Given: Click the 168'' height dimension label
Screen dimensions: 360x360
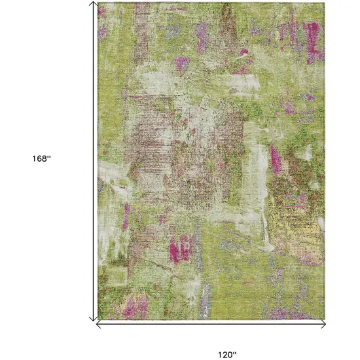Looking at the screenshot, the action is tap(41, 158).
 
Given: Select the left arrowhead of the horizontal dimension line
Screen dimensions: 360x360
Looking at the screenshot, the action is tap(98, 323).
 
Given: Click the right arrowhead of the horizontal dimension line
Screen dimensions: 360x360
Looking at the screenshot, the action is tap(323, 323).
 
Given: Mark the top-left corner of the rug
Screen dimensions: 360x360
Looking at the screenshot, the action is tap(98, 3).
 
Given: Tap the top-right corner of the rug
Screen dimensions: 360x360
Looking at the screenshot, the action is tap(325, 3).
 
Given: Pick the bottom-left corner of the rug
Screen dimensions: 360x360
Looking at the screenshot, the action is tap(98, 319).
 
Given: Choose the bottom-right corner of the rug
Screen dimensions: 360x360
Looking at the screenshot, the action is tap(325, 319).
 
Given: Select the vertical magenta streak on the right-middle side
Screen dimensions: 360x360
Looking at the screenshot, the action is tap(276, 160).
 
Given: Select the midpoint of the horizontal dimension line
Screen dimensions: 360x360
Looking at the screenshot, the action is tap(211, 323).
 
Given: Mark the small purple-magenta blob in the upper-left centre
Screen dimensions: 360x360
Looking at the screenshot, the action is tap(181, 63).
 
